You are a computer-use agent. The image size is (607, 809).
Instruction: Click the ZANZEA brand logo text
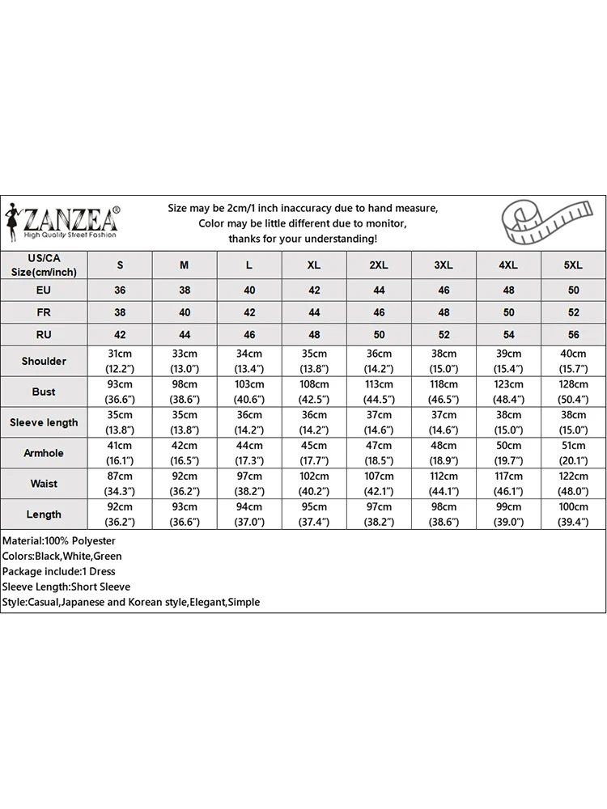tap(71, 218)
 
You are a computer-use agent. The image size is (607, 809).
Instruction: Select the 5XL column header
tap(573, 265)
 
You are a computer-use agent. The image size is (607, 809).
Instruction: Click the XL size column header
tap(314, 265)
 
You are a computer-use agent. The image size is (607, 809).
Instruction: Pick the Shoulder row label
tap(44, 361)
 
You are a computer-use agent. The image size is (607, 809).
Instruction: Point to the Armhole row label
tap(44, 453)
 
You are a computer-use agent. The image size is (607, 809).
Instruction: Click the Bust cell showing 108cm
tap(314, 392)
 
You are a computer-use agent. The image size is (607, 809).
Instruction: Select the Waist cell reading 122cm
tap(573, 484)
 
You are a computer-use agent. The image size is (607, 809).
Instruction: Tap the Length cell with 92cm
tap(121, 515)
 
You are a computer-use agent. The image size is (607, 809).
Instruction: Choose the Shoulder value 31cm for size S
tap(121, 361)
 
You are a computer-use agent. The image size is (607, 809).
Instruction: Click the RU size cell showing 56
tap(573, 334)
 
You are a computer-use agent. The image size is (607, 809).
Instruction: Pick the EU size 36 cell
tap(121, 290)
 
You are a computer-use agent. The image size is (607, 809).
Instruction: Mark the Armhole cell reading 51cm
tap(573, 453)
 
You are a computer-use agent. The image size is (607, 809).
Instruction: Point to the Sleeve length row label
tap(44, 422)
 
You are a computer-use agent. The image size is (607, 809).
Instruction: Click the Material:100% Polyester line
tap(59, 540)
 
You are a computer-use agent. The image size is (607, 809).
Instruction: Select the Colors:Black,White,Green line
tap(62, 556)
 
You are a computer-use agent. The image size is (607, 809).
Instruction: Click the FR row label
tap(44, 312)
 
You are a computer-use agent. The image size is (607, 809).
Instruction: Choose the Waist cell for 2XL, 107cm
tap(379, 484)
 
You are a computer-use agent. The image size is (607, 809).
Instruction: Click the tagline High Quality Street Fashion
tap(70, 235)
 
